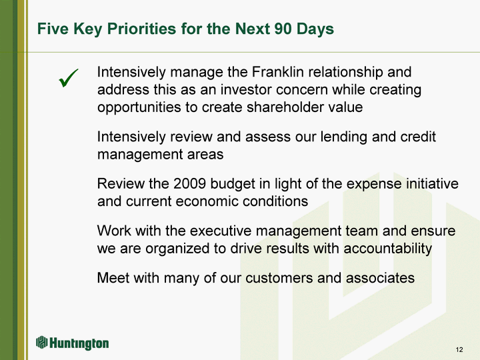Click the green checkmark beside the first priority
click(68, 78)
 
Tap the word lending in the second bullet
click(344, 137)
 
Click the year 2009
click(189, 184)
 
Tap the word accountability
click(388, 248)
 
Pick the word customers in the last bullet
click(279, 278)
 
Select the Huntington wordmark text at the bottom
click(79, 343)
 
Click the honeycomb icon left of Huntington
click(42, 342)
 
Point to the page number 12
click(459, 349)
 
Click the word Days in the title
click(313, 29)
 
